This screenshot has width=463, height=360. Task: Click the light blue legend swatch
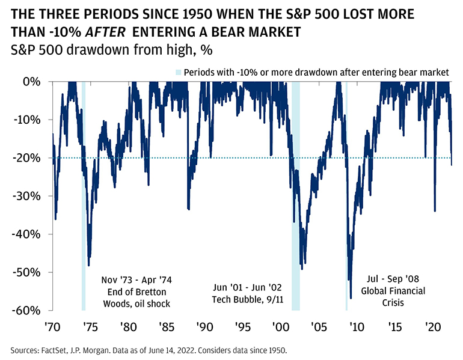[178, 72]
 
